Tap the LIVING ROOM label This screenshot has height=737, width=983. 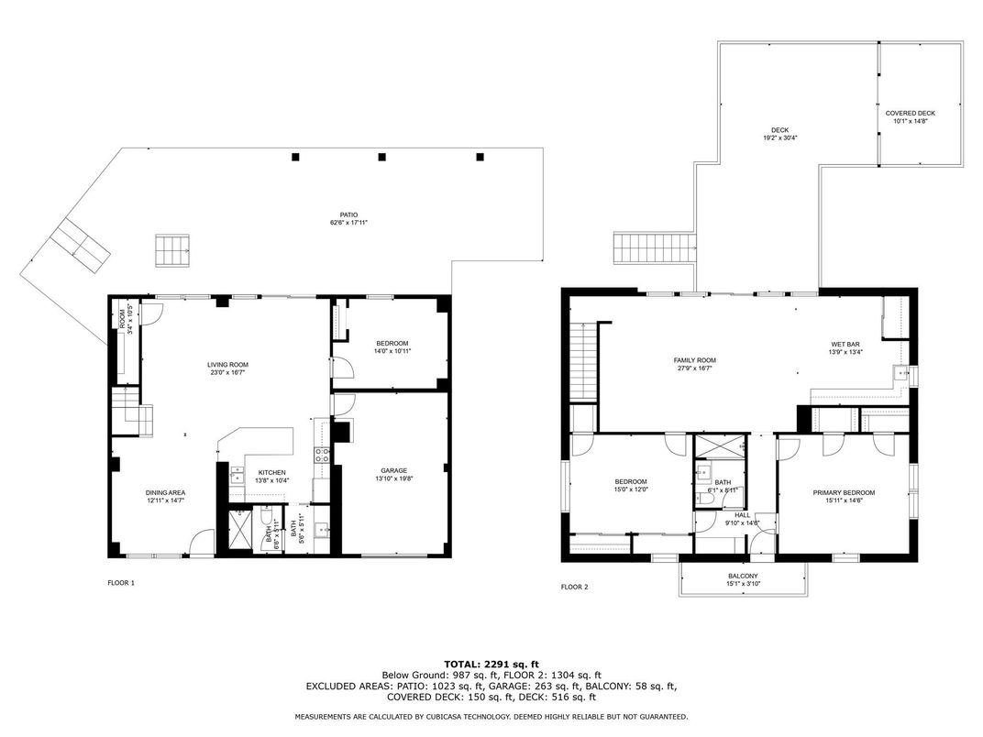click(227, 365)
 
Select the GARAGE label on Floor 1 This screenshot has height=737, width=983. click(394, 470)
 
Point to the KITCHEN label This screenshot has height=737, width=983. click(271, 472)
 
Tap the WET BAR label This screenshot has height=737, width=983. click(845, 344)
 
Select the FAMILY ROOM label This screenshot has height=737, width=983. click(694, 360)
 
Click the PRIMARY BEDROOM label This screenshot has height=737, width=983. click(844, 492)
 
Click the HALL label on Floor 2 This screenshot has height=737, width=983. click(742, 515)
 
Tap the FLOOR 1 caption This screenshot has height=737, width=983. click(121, 582)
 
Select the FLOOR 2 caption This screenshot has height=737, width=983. click(574, 586)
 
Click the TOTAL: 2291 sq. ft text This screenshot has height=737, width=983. click(491, 663)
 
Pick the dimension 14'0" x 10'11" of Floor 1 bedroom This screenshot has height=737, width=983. click(392, 351)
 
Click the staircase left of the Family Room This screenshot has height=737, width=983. click(583, 361)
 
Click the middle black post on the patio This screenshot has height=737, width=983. click(382, 157)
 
